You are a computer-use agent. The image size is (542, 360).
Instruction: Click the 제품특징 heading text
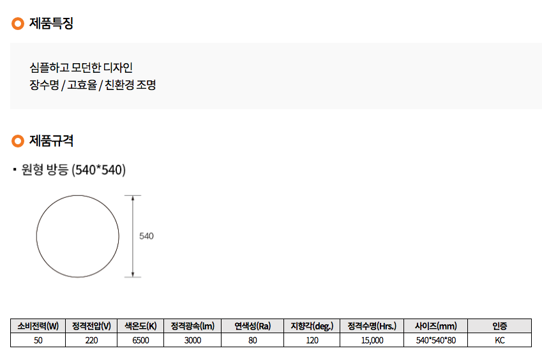[x=51, y=24]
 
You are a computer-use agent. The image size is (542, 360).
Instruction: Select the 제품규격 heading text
[x=51, y=141]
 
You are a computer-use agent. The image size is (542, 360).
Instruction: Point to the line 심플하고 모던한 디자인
[x=81, y=68]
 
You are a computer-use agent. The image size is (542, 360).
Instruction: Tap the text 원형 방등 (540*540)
[x=73, y=170]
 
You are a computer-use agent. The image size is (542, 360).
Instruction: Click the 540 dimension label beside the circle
[x=146, y=236]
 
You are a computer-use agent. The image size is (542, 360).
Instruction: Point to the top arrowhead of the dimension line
[x=133, y=197]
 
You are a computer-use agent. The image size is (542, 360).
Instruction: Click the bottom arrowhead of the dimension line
[x=133, y=274]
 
